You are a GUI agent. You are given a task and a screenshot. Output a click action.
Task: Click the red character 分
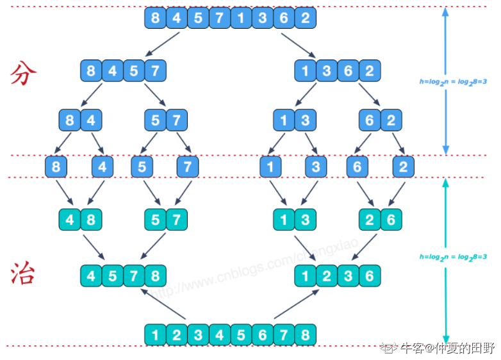[24, 75]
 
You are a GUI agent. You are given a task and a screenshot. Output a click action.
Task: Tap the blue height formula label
[453, 82]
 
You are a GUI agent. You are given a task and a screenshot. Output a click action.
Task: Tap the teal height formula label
[454, 257]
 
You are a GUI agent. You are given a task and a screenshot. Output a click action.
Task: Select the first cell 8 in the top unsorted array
[156, 18]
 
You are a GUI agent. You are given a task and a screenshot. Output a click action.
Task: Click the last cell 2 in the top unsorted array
[306, 18]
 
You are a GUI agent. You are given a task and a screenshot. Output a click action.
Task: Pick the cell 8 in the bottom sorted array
[305, 334]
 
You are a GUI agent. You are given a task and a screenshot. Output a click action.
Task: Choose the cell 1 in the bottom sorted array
[156, 334]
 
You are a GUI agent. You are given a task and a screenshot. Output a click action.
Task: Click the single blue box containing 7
[187, 167]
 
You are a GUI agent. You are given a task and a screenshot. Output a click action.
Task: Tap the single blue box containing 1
[270, 167]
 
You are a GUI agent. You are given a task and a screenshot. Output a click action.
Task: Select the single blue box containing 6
[357, 167]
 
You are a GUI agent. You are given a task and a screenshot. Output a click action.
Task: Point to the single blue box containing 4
[103, 167]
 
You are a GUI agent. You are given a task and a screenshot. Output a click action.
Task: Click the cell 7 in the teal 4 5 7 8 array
[134, 277]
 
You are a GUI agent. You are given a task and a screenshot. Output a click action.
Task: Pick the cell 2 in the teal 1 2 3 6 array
[327, 277]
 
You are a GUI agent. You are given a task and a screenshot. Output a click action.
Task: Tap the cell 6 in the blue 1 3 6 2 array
[348, 70]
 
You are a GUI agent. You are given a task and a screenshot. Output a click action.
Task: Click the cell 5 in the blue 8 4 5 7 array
[134, 70]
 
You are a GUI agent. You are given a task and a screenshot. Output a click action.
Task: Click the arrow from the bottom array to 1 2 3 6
[297, 304]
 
